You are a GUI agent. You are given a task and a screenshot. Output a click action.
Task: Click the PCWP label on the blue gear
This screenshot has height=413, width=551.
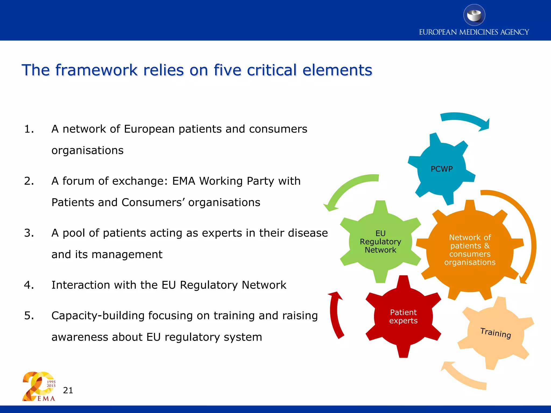pyautogui.click(x=441, y=169)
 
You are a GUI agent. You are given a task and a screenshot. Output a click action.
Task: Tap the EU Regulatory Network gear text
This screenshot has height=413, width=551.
pyautogui.click(x=380, y=241)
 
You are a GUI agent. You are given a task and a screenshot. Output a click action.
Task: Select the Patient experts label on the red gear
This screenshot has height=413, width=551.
pyautogui.click(x=403, y=316)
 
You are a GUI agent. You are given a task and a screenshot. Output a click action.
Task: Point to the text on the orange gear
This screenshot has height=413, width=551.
pyautogui.click(x=470, y=250)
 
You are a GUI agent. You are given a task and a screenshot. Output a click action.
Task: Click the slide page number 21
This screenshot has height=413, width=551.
pyautogui.click(x=68, y=390)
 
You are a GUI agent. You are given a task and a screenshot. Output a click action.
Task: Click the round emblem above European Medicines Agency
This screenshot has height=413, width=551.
pyautogui.click(x=474, y=15)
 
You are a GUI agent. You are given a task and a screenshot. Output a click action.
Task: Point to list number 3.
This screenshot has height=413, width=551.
pyautogui.click(x=29, y=233)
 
